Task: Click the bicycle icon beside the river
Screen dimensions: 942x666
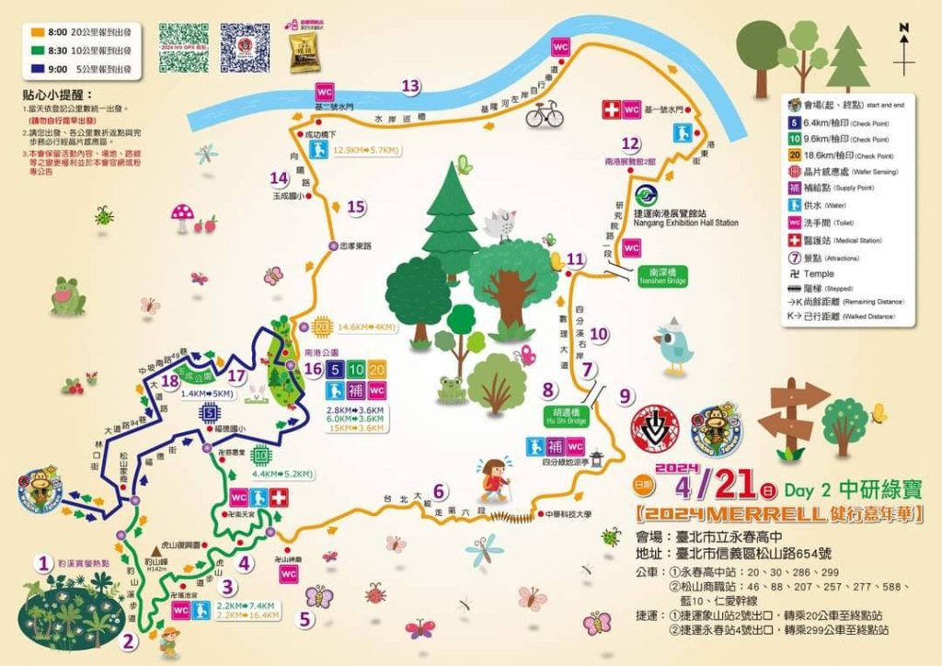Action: point(544,115)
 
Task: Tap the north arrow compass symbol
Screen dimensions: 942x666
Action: point(904,51)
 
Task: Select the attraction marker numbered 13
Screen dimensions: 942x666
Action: point(410,86)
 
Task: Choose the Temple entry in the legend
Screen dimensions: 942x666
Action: point(817,273)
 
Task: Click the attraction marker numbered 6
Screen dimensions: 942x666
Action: point(440,491)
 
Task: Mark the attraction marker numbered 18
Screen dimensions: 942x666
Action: point(168,381)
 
